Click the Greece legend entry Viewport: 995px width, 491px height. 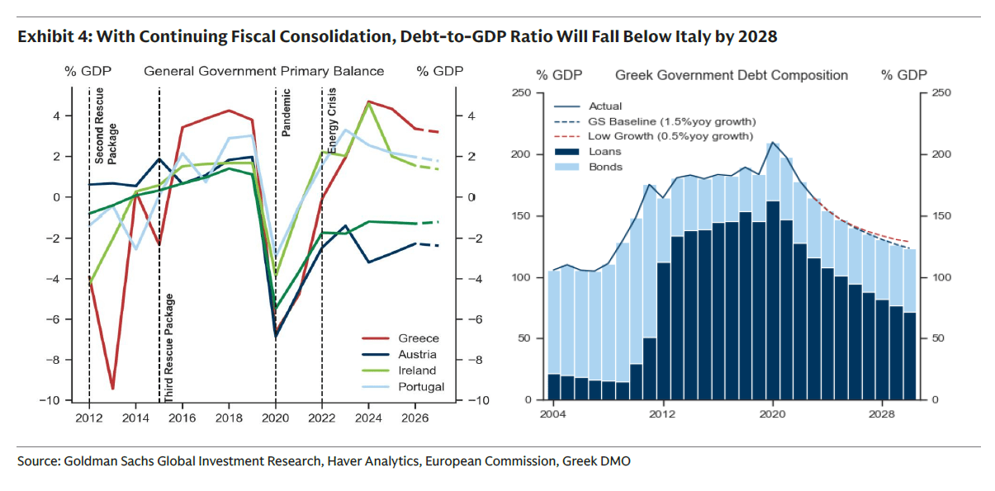(418, 338)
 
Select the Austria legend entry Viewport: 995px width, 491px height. (417, 355)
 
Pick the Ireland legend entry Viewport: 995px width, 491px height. (417, 371)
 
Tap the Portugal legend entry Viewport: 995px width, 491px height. (420, 386)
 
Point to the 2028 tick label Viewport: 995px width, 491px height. (882, 413)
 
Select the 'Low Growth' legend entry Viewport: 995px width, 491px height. (670, 136)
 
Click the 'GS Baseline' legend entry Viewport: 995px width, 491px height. (669, 121)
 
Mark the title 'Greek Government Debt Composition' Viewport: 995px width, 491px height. (732, 75)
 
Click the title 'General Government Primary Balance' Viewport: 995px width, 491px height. (264, 71)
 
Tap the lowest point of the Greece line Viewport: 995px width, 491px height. (112, 388)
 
